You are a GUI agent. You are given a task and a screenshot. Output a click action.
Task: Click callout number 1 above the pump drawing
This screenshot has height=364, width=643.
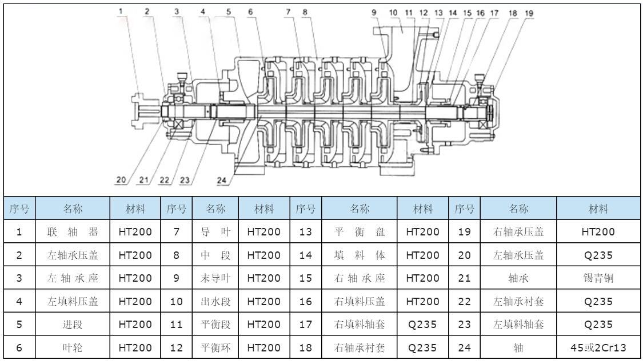(x=121, y=11)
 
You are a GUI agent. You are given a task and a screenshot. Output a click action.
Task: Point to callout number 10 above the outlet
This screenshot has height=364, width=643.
(x=393, y=12)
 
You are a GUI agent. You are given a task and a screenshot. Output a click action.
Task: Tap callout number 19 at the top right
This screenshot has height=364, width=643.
(x=529, y=12)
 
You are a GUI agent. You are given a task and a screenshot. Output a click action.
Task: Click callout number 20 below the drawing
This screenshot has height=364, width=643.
(x=121, y=179)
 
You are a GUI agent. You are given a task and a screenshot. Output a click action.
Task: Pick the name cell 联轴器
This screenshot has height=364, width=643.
(x=73, y=232)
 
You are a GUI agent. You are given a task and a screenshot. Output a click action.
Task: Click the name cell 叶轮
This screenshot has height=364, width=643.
(x=73, y=347)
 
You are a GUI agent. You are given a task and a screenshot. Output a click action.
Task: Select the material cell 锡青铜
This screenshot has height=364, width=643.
(x=598, y=278)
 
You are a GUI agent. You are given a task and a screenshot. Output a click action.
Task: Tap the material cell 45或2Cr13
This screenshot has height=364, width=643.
(x=598, y=347)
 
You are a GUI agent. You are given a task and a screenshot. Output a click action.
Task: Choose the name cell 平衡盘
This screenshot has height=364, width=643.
(x=360, y=232)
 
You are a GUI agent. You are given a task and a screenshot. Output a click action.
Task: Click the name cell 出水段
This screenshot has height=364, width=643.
(x=215, y=301)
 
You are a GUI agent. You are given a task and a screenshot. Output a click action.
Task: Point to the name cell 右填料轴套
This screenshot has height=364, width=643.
(x=360, y=325)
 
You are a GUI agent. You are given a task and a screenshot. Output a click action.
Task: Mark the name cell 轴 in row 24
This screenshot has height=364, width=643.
(x=518, y=347)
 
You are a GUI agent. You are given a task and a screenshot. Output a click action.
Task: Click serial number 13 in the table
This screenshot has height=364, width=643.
(x=306, y=232)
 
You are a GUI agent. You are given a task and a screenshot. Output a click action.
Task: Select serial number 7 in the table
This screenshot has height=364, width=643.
(x=177, y=232)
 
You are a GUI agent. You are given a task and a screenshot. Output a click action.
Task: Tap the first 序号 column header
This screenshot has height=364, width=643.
(x=19, y=209)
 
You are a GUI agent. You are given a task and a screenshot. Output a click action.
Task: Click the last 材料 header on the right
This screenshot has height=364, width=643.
(x=598, y=209)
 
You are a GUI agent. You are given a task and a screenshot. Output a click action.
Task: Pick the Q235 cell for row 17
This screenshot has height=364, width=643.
(x=423, y=325)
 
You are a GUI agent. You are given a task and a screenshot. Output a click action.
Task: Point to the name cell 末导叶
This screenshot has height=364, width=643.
(x=215, y=278)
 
